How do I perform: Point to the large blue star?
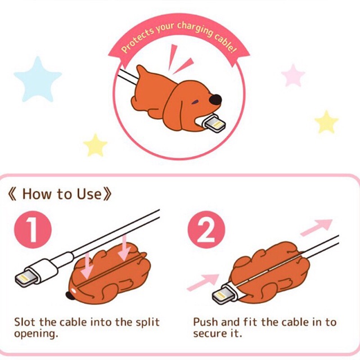point(37,78)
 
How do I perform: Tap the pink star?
point(293,75)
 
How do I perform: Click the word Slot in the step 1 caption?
point(25,322)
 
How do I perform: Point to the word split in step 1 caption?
point(148,322)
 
